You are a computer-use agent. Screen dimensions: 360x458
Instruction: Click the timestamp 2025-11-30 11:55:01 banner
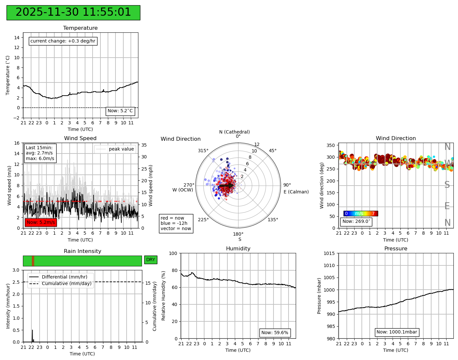coord(73,12)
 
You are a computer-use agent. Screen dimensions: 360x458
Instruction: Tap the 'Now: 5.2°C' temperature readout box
coord(120,111)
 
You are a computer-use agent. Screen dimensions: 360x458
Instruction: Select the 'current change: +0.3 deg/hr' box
coord(63,41)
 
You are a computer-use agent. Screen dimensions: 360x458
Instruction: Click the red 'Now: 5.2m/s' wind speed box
coord(41,223)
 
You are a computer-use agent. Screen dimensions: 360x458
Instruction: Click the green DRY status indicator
coord(150,260)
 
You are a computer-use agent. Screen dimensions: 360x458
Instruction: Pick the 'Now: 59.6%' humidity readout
coord(275,333)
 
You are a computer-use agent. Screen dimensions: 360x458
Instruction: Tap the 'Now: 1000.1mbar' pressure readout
coord(396,332)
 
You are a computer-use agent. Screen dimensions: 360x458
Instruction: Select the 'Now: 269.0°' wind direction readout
coord(356,222)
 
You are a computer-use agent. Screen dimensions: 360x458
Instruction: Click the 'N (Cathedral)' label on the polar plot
coord(234,132)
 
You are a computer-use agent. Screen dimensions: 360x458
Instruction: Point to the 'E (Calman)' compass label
coord(296,192)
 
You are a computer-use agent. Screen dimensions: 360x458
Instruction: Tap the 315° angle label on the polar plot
coord(203,151)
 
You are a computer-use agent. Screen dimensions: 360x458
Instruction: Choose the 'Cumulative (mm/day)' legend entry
coord(66,283)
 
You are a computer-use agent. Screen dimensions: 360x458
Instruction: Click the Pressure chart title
coord(396,249)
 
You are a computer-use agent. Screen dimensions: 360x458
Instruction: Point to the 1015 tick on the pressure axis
coord(329,253)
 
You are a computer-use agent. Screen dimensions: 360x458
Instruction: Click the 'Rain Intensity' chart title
coord(82,251)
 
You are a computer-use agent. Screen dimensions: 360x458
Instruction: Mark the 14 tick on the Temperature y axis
coord(17,38)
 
